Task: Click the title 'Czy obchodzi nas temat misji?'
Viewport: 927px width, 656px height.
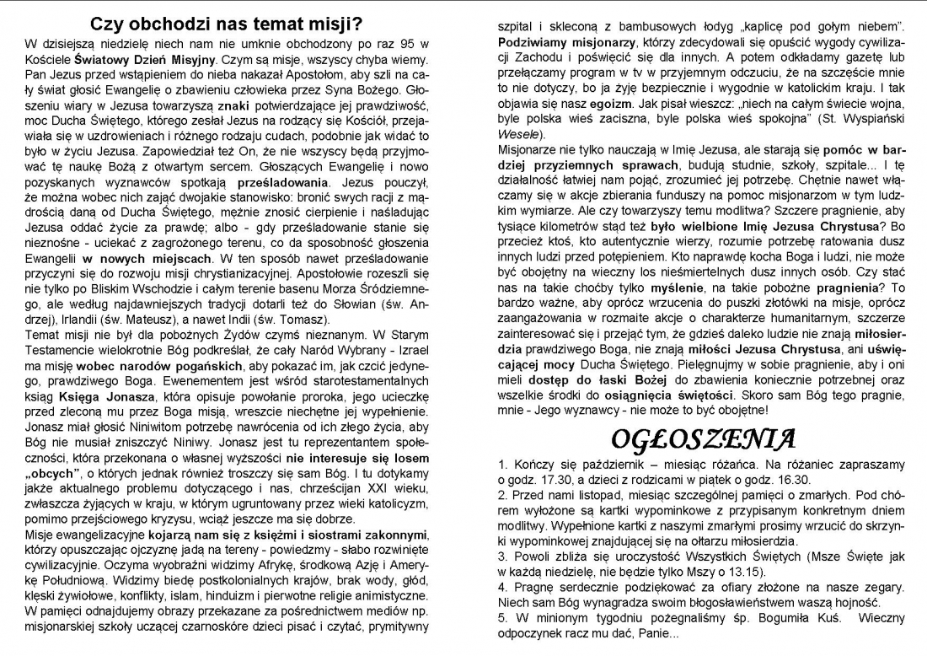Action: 227,23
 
